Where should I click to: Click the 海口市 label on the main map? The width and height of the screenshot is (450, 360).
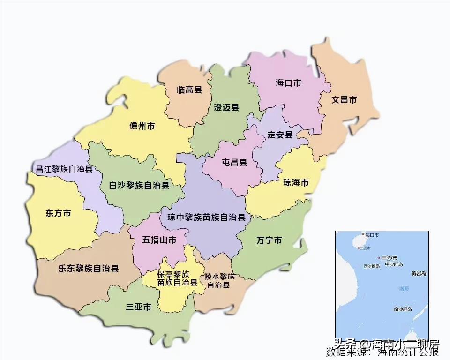[288, 83]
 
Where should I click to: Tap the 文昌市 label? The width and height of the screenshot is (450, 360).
[344, 100]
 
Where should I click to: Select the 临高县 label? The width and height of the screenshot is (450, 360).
[189, 90]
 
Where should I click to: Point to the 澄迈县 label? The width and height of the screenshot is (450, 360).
[226, 107]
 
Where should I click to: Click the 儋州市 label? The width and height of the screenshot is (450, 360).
[142, 126]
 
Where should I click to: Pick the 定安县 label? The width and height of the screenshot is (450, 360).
[280, 135]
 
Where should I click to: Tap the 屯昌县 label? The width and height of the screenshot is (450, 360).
[234, 163]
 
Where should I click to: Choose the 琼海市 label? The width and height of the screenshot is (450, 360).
[296, 183]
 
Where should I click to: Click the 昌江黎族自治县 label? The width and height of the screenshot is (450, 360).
[64, 169]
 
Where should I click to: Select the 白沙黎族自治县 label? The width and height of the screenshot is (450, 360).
[139, 186]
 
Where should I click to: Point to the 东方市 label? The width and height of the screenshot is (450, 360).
[59, 213]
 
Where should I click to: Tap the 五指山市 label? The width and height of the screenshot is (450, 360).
[159, 240]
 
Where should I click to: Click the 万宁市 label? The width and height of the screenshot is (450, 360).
[269, 240]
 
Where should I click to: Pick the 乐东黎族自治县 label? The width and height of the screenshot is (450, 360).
[88, 269]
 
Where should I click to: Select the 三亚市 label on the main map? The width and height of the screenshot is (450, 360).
[139, 307]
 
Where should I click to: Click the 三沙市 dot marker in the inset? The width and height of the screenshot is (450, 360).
[379, 258]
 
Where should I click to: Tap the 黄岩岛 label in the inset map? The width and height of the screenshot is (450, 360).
[418, 273]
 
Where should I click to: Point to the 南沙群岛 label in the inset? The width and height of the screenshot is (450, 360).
[403, 309]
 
